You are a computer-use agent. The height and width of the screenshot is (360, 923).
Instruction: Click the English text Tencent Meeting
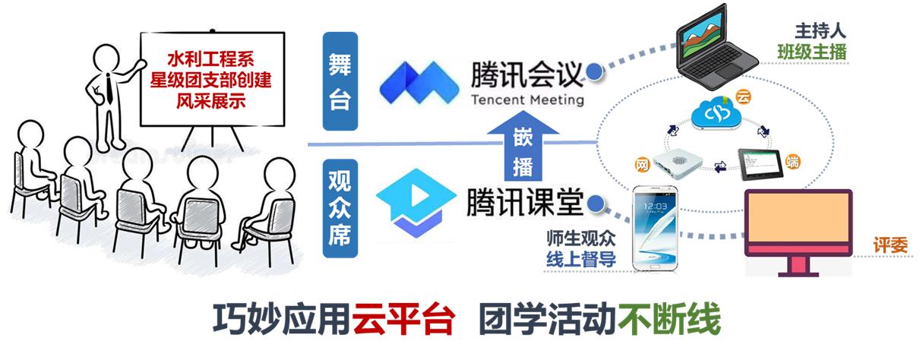527,99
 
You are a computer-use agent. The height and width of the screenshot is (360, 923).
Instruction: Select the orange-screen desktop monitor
798,228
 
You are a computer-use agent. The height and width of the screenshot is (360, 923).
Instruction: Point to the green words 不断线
669,322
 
